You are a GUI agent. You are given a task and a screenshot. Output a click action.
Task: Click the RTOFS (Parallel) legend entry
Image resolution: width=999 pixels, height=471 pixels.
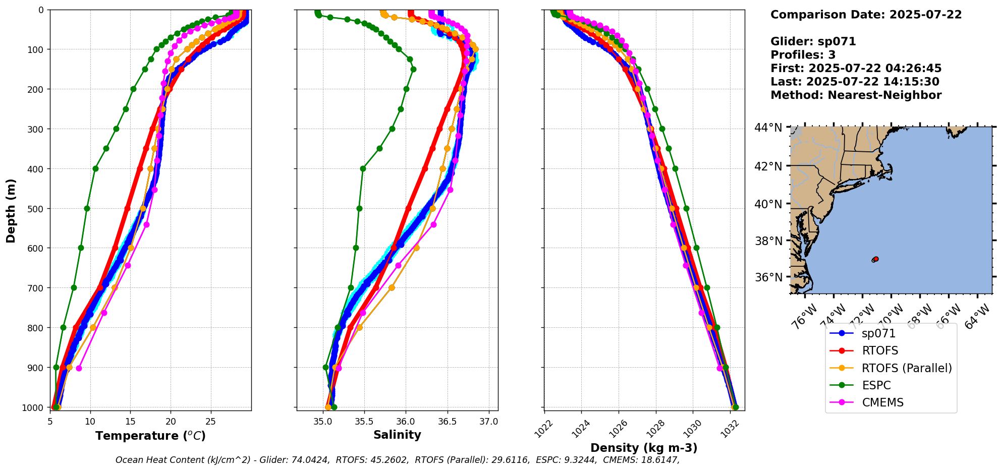[907, 368]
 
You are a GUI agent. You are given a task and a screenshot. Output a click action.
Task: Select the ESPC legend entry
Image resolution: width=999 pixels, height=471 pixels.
[876, 385]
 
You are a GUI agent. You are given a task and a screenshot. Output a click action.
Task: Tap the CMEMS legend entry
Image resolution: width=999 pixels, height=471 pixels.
[882, 402]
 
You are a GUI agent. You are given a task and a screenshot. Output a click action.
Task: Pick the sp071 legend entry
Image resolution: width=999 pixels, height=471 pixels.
[878, 333]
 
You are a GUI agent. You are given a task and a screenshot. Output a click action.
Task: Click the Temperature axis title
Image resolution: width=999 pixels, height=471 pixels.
[150, 436]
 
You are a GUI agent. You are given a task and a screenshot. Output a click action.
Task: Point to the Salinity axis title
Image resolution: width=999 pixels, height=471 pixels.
[397, 435]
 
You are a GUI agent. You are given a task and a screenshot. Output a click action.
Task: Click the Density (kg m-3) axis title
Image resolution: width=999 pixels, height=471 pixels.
[644, 448]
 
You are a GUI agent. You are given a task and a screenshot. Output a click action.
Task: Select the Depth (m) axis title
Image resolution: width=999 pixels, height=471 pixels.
[11, 210]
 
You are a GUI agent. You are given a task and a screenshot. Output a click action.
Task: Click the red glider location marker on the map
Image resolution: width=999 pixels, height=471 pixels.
[876, 259]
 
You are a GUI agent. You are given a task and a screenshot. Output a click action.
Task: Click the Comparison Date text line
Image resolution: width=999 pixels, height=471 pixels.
[866, 15]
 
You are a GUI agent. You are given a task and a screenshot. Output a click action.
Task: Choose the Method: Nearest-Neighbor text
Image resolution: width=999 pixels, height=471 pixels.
[856, 95]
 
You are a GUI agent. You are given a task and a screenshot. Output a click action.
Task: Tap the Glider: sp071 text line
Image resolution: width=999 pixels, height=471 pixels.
[813, 41]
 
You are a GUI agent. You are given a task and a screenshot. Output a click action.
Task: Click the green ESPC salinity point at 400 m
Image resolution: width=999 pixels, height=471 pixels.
[363, 168]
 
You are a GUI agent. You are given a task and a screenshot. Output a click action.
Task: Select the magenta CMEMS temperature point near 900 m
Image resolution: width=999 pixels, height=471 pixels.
[79, 368]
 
